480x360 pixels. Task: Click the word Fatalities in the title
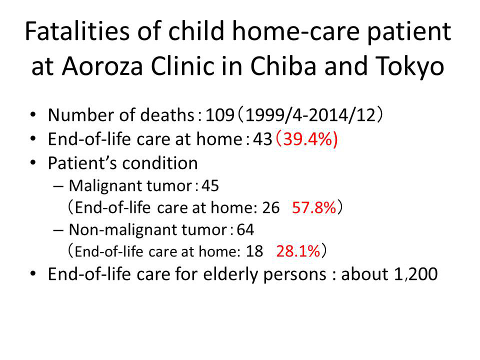tap(77, 31)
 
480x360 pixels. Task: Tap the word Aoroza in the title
tap(102, 66)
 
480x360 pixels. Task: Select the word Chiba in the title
tap(283, 66)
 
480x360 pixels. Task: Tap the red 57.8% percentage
tap(314, 207)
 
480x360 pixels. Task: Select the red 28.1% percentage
tap(298, 251)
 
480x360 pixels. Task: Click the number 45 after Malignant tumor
tap(210, 186)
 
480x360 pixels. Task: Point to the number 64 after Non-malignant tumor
tap(245, 229)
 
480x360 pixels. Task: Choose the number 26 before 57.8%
tap(271, 207)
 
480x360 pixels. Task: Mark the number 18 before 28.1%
tap(254, 251)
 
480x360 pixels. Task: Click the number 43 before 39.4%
tap(262, 139)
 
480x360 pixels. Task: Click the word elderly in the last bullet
tap(231, 274)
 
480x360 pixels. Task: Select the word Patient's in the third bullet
tap(82, 163)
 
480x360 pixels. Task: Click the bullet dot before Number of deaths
tap(33, 115)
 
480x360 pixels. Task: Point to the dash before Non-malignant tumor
tap(58, 230)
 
